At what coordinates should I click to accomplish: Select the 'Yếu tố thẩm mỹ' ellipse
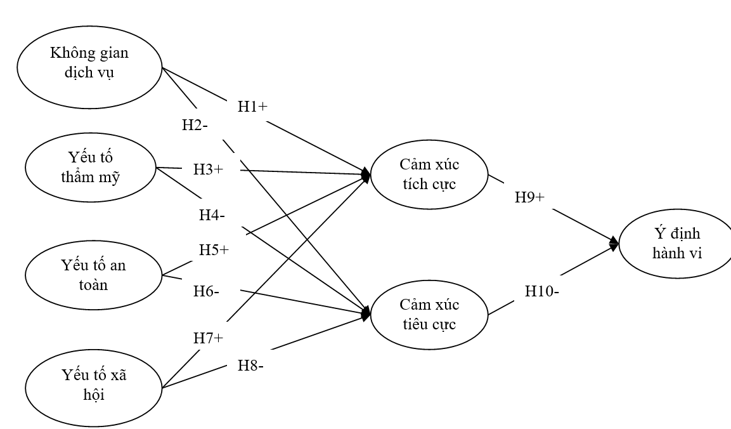[x=91, y=167]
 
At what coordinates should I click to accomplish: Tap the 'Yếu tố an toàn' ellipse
[x=94, y=275]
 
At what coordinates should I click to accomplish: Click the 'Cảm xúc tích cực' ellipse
[x=429, y=174]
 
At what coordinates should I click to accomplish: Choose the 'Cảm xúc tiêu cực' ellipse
[x=429, y=313]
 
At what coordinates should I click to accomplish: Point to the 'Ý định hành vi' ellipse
[x=675, y=244]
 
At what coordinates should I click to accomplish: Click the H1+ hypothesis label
[x=252, y=107]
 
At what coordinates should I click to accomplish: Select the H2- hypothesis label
[x=195, y=125]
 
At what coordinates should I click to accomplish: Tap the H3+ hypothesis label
[x=209, y=170]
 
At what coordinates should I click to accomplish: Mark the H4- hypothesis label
[x=212, y=215]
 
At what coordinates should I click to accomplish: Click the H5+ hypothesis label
[x=214, y=249]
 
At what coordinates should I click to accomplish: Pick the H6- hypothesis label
[x=207, y=292]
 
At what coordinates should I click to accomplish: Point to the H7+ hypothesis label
[x=209, y=338]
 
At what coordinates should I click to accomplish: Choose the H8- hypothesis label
[x=250, y=366]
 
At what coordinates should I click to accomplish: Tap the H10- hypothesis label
[x=541, y=292]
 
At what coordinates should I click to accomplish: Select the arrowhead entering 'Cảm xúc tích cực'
[x=366, y=173]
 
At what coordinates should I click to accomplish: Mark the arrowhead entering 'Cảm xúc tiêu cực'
[x=366, y=313]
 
